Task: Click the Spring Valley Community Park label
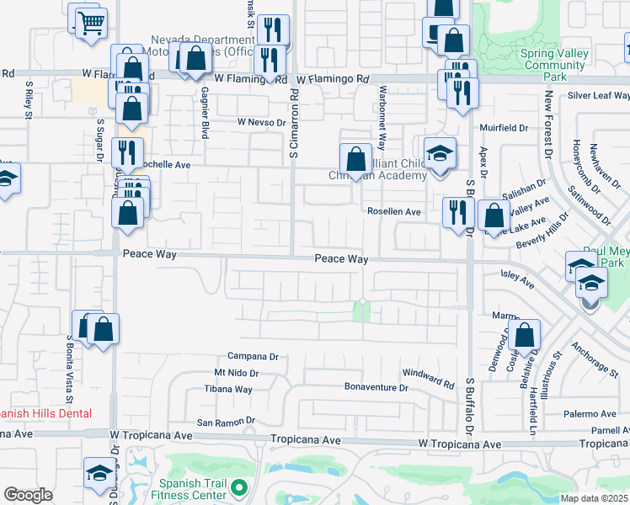point(560,63)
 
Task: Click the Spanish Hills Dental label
point(44,413)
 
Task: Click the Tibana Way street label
point(227,389)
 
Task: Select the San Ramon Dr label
point(225,421)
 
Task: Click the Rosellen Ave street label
point(392,212)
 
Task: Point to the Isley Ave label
point(517,277)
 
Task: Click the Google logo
point(28,495)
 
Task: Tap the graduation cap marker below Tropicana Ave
point(99,473)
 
